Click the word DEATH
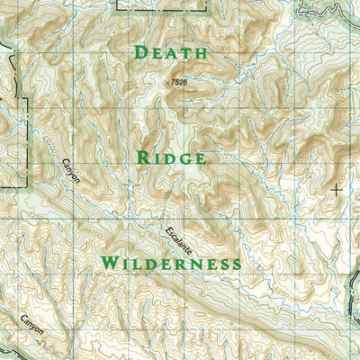tap(170, 52)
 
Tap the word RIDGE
tap(171, 157)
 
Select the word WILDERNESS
tap(171, 263)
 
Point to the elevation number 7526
tap(179, 83)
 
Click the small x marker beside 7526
tap(166, 82)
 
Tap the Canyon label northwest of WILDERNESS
tap(71, 170)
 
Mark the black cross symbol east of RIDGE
tap(337, 190)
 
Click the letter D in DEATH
tap(139, 52)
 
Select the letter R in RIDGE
tap(142, 157)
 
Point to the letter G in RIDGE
tap(185, 157)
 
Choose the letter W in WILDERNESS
tap(109, 263)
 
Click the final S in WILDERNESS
tap(236, 263)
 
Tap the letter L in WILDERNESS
tap(134, 263)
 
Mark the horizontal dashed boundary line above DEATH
tap(162, 9)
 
